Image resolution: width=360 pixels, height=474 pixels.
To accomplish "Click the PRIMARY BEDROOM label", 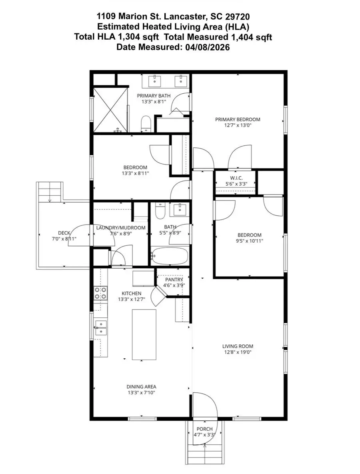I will pyautogui.click(x=238, y=119).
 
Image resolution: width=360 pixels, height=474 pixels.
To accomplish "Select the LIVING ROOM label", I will pyautogui.click(x=238, y=346).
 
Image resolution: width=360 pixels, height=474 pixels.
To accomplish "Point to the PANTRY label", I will pyautogui.click(x=174, y=279).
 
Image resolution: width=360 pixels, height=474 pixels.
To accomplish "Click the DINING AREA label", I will pyautogui.click(x=141, y=387).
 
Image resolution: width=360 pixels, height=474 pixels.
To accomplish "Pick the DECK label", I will pyautogui.click(x=64, y=233).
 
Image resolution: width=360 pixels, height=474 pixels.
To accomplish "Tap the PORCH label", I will pyautogui.click(x=204, y=429).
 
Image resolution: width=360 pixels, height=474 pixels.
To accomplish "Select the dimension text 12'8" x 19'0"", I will pyautogui.click(x=238, y=353).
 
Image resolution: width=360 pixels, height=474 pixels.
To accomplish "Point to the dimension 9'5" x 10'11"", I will pyautogui.click(x=250, y=241).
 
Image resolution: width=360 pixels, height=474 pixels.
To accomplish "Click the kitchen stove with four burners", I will pyautogui.click(x=101, y=293).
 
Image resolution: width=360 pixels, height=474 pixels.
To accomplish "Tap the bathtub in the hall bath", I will pyautogui.click(x=169, y=256).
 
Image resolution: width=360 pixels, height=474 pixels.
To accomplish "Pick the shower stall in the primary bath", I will pyautogui.click(x=110, y=110).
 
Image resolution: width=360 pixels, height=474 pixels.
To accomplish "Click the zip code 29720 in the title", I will pyautogui.click(x=238, y=16).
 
